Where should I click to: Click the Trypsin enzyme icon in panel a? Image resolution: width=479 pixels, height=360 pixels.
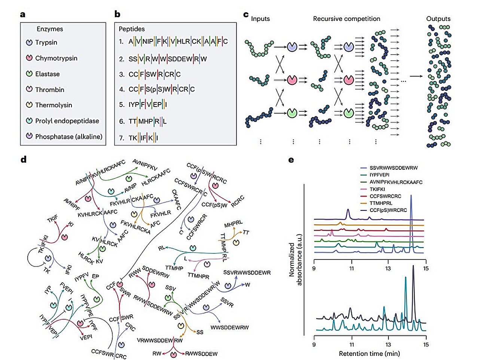click(x=29, y=43)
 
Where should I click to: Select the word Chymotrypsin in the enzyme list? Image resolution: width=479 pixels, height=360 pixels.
click(x=56, y=58)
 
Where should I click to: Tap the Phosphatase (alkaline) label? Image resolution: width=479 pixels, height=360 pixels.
click(x=68, y=137)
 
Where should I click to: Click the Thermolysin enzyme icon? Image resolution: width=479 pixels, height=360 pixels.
click(x=29, y=105)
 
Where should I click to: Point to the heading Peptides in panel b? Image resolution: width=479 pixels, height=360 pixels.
click(x=132, y=29)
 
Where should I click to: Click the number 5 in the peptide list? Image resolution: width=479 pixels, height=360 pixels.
click(x=121, y=105)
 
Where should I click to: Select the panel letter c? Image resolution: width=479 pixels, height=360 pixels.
click(x=246, y=15)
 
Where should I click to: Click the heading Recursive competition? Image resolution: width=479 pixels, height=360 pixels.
click(x=346, y=19)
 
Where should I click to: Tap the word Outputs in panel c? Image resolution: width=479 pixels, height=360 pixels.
click(x=438, y=19)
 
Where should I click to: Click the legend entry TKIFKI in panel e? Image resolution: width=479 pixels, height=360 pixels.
click(x=382, y=189)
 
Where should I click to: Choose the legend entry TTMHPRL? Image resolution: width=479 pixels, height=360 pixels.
click(x=386, y=203)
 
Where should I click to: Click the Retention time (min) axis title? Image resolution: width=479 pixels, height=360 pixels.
click(x=369, y=354)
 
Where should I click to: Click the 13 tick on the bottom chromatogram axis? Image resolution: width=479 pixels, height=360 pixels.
click(x=388, y=345)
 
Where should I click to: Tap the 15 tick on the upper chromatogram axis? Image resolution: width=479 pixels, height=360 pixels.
click(x=425, y=268)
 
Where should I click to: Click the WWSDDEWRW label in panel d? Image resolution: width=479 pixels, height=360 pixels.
click(x=229, y=327)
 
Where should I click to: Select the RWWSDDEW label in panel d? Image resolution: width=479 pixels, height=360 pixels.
click(x=201, y=354)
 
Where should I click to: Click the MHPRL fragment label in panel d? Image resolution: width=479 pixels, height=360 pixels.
click(x=234, y=224)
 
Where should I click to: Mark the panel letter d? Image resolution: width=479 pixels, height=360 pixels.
click(x=23, y=160)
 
